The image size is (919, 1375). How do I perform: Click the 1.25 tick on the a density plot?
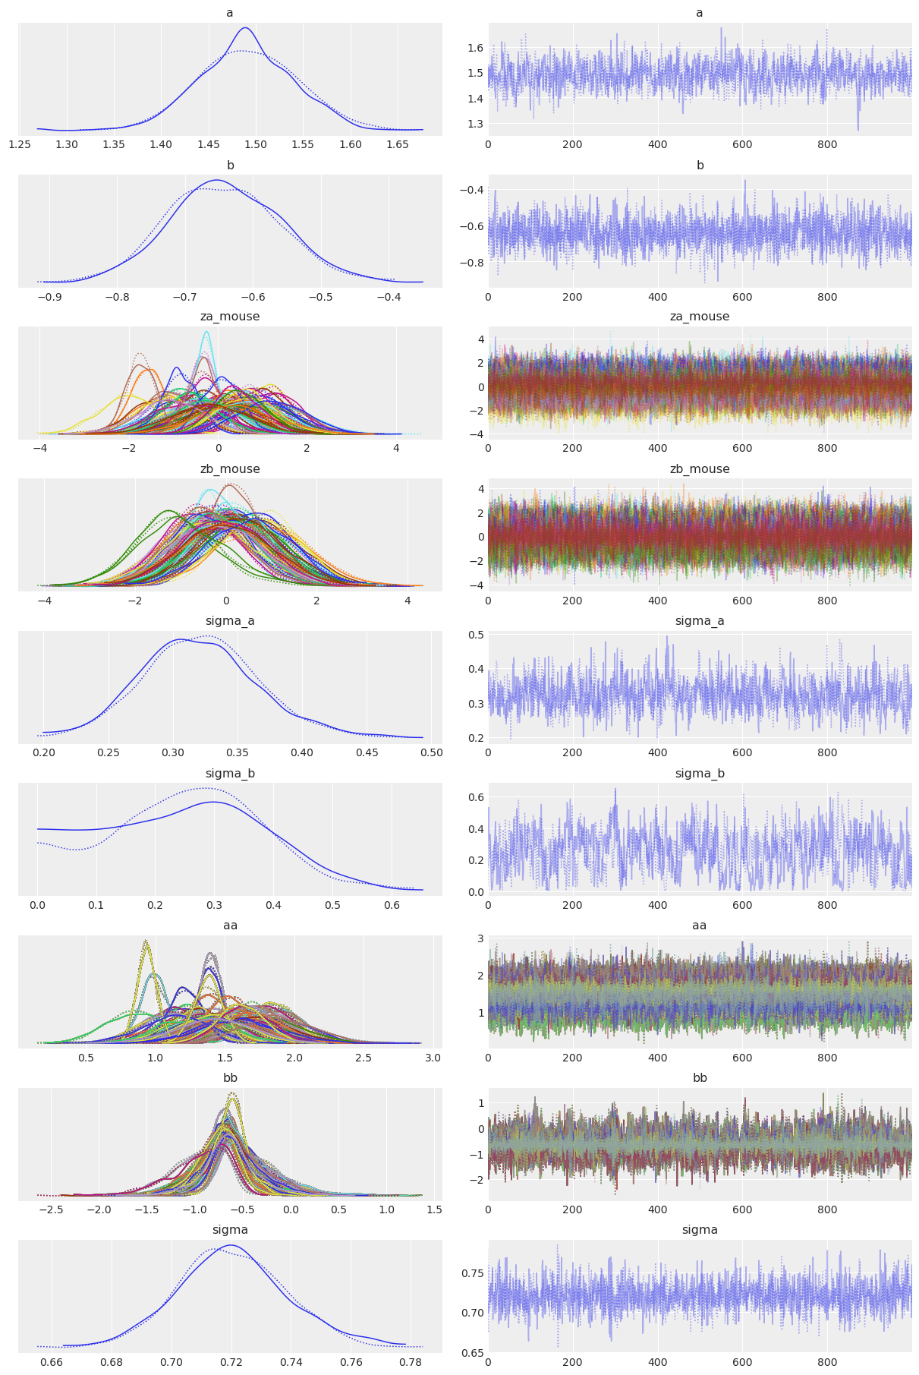coord(20,144)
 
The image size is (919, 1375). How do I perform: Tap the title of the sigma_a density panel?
coord(230,621)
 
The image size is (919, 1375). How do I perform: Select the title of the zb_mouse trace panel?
coord(699,469)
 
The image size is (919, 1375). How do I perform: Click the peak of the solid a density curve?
coord(245,28)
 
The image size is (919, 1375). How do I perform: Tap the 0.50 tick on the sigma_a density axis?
coord(431,753)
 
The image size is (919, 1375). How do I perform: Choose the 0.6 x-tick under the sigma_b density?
coord(391,906)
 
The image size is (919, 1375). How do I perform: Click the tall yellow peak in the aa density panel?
coord(146,942)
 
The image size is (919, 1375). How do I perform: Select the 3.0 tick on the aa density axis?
coord(433,1058)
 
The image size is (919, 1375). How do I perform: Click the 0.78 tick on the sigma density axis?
coord(411,1362)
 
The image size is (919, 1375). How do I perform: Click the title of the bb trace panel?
coord(699,1078)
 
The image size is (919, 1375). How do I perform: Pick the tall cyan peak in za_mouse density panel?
coord(206,332)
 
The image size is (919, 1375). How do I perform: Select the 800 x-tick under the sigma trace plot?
coord(827,1362)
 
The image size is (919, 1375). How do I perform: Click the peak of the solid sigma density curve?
coord(231,1245)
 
